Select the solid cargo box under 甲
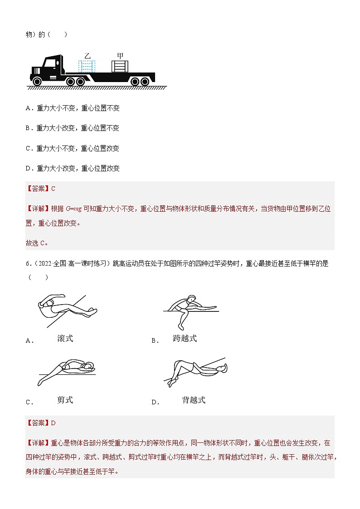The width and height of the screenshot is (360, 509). point(120,66)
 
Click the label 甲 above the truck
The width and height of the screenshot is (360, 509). point(120,56)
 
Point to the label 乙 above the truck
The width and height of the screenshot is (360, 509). point(87,56)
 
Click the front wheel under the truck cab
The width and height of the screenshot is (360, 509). point(37,81)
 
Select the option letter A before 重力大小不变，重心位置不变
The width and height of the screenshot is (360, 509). point(28,108)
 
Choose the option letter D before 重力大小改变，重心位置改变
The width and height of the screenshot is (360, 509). point(28,168)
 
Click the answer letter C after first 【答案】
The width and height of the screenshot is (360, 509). point(53,189)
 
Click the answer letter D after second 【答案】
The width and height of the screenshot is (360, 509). point(53,423)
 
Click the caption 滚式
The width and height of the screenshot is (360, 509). point(65,338)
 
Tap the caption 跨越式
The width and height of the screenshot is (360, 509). point(185,338)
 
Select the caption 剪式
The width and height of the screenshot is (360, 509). point(65,399)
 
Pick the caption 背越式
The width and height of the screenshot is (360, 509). point(193,399)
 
